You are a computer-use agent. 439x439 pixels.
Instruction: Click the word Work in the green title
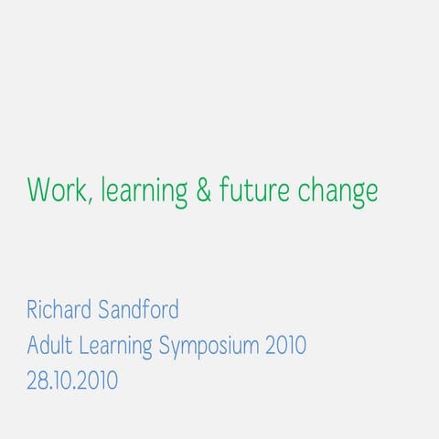[x=58, y=191]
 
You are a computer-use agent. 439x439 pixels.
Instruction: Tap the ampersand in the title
[x=204, y=191]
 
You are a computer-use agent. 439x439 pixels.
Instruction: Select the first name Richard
[x=59, y=310]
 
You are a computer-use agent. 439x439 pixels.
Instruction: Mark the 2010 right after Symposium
[x=285, y=346]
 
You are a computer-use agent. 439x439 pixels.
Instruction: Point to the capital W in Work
[x=38, y=191]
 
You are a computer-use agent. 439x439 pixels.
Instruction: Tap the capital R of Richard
[x=33, y=310]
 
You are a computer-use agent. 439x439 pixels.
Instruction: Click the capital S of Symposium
[x=165, y=346]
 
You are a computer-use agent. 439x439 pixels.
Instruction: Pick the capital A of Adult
[x=33, y=346]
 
